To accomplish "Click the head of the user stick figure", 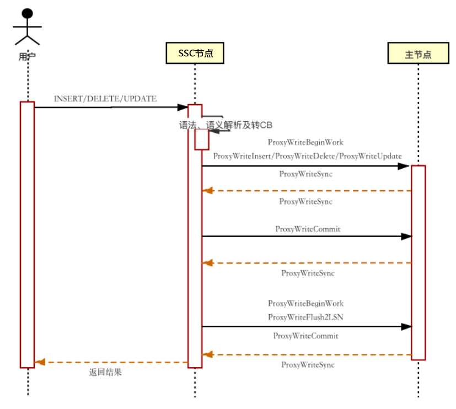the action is (x=28, y=13).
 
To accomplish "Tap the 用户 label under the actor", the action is (x=27, y=56).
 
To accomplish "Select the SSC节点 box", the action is (x=195, y=53).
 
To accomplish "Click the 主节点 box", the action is (x=418, y=53).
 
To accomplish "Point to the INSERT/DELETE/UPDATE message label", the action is (x=105, y=99).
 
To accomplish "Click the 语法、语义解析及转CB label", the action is (x=226, y=125).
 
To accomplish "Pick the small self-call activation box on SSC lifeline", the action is (x=202, y=139).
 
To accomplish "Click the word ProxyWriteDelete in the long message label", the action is (x=306, y=156).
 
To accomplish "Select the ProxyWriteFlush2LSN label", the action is (x=305, y=317).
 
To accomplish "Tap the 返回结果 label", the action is (x=105, y=372).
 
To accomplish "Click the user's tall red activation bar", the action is (x=28, y=235).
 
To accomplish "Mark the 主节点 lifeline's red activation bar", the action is (x=419, y=263).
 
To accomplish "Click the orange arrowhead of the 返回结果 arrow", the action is (x=40, y=362).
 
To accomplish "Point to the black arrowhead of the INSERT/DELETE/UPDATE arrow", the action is (x=183, y=107).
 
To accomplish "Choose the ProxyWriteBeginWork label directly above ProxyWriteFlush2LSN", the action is (x=305, y=304).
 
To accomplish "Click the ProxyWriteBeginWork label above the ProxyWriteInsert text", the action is (x=305, y=142).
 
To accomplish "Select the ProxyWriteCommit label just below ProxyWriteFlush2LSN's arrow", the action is (x=305, y=336).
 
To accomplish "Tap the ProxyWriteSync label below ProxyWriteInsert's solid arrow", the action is (x=305, y=174).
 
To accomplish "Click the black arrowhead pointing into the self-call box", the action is (x=214, y=131).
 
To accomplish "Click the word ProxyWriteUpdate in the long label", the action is (x=371, y=156).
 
